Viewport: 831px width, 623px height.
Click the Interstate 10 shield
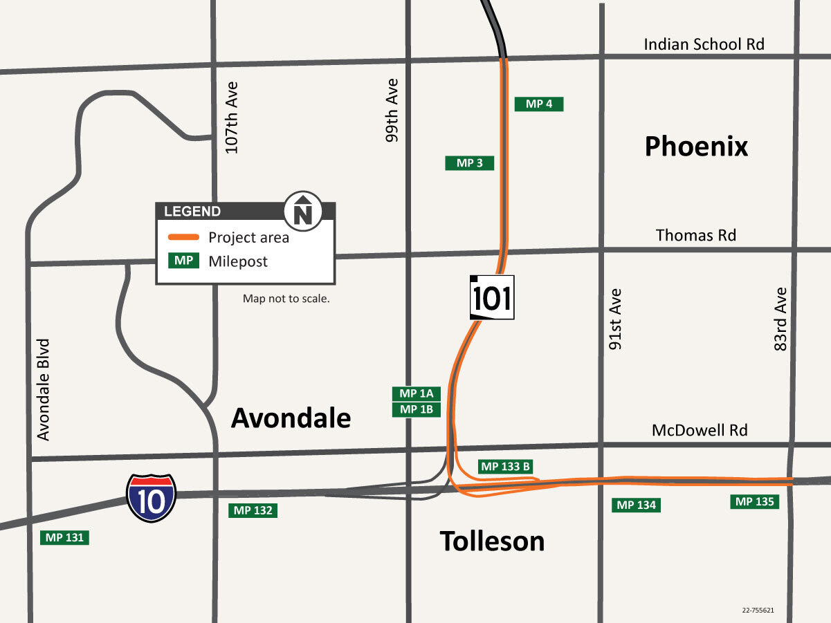(x=151, y=497)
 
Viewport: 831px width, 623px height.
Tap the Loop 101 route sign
(x=492, y=298)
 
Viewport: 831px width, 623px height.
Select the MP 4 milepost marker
(x=539, y=104)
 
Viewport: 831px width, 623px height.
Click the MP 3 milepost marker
(x=469, y=163)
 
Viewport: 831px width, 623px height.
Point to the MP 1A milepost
(x=417, y=393)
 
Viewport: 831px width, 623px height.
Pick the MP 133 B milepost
(x=506, y=467)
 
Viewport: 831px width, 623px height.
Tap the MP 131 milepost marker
(x=65, y=537)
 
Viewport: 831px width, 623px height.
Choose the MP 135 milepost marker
(x=754, y=502)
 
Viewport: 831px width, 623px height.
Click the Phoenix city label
(x=696, y=147)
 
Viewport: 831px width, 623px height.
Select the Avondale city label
(x=291, y=418)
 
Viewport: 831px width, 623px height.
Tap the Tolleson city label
(x=492, y=541)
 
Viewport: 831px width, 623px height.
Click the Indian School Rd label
(x=704, y=44)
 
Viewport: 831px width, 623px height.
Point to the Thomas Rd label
(x=695, y=235)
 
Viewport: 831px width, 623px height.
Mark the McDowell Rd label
(x=700, y=430)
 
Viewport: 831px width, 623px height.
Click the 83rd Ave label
(x=780, y=319)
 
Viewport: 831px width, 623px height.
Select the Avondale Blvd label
(x=44, y=389)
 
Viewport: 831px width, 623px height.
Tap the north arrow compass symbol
(x=303, y=210)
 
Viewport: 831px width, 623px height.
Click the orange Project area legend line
(x=184, y=237)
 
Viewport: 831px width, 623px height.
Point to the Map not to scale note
(x=286, y=299)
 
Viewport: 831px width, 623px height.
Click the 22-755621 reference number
(x=758, y=611)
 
